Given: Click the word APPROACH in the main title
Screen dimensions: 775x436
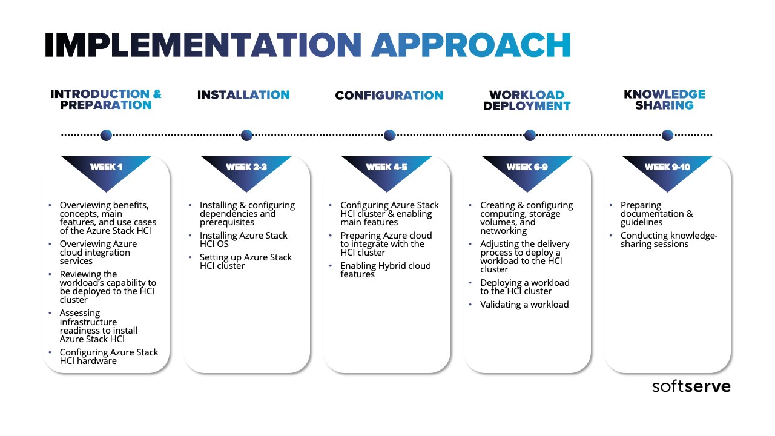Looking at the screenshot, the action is (x=471, y=45).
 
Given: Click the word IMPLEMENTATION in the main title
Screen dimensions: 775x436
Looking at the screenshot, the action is (x=203, y=45).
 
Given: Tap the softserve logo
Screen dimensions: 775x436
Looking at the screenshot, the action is (x=691, y=386).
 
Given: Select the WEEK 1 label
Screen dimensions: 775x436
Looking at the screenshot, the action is (x=106, y=167).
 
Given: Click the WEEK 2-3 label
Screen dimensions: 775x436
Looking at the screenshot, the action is (x=246, y=167).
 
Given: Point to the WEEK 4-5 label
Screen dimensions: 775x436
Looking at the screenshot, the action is (x=387, y=167).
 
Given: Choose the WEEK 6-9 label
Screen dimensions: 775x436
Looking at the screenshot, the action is (x=527, y=167).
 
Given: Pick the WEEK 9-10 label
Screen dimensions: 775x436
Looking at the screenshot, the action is (x=667, y=167).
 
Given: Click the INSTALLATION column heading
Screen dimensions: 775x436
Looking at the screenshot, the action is (x=243, y=95).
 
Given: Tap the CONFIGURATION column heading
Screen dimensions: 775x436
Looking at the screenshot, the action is (x=389, y=95).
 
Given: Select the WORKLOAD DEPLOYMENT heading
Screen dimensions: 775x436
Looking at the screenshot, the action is (x=527, y=101).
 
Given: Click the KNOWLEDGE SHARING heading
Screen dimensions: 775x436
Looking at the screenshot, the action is (x=665, y=100).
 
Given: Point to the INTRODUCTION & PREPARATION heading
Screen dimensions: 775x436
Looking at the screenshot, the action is (x=106, y=99).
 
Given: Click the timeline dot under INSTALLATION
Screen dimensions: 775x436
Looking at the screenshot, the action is (x=246, y=135).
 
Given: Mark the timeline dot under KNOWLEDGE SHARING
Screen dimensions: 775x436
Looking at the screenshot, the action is (x=667, y=135).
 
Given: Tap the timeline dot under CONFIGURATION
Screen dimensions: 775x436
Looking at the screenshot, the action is (x=389, y=135).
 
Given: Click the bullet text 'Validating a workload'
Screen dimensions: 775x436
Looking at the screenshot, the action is (x=524, y=305).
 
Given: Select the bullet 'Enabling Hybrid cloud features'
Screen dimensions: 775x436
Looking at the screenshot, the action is (x=386, y=270).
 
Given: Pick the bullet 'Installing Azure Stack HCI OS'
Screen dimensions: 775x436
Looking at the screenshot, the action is (x=243, y=239).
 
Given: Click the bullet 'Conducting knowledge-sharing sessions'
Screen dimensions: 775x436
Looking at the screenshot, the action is (x=669, y=239).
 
